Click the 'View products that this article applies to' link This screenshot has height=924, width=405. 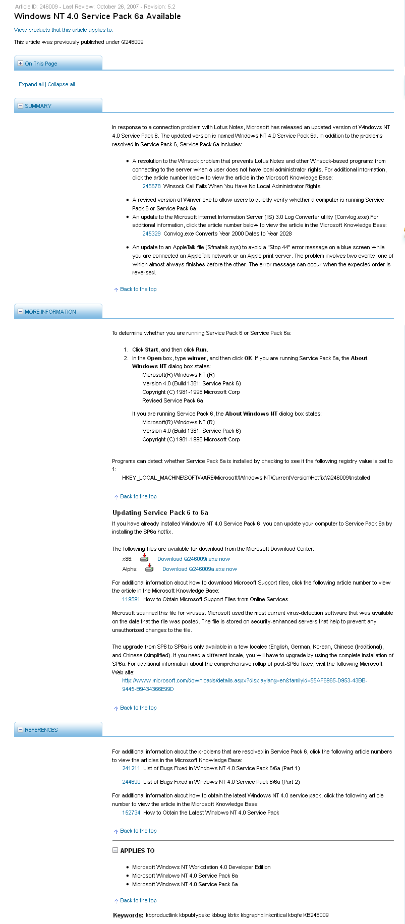coord(63,30)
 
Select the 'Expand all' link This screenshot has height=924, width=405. coord(31,84)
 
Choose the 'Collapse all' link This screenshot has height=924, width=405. coord(61,84)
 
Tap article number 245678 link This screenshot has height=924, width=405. coord(151,186)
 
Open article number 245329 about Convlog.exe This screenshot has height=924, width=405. coord(151,234)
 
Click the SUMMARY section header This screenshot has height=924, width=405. coord(38,106)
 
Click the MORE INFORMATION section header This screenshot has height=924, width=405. coord(50,312)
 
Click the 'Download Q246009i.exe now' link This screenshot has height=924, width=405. coord(193,559)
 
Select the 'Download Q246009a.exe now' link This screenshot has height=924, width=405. coord(199,569)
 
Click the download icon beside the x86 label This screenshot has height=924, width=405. coord(144,558)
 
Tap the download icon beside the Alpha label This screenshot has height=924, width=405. coord(149,568)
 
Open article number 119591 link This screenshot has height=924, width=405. coord(131,599)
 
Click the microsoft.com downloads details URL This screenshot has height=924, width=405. coord(245,680)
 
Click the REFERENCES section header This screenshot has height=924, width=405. coord(41,730)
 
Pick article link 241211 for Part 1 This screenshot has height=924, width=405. coord(131,768)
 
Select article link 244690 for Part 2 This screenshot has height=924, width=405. coord(131,782)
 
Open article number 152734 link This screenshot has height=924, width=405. coord(131,813)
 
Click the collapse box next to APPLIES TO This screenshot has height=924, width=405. coord(115,850)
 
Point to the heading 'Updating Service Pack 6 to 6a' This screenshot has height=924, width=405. coord(160,512)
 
